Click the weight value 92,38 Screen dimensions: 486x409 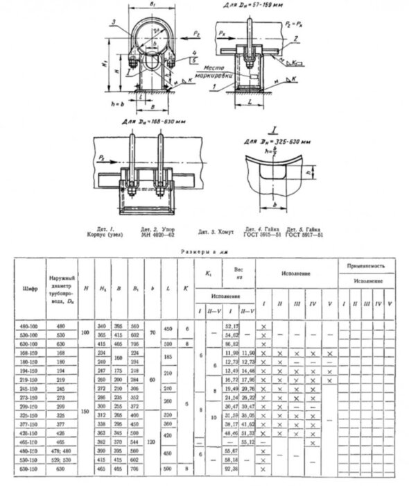point(223,470)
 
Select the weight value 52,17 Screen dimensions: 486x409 point(223,326)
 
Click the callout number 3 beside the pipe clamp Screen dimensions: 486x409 point(112,22)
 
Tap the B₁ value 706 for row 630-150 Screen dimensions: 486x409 point(134,470)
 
